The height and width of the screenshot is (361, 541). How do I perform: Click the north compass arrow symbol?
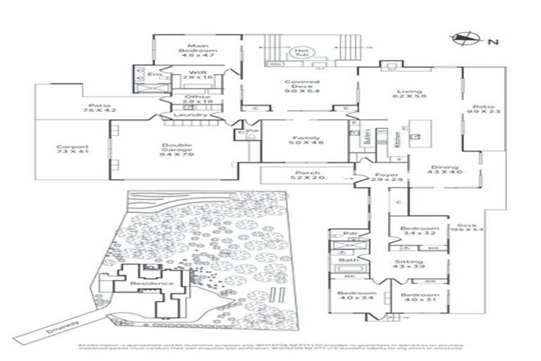click(465, 40)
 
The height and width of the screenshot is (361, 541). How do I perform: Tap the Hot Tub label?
click(303, 52)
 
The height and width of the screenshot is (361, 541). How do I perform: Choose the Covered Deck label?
click(302, 86)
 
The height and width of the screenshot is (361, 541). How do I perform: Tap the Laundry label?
click(194, 115)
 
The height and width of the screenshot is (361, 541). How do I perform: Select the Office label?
click(197, 100)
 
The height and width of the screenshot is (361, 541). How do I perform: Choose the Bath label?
click(348, 259)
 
